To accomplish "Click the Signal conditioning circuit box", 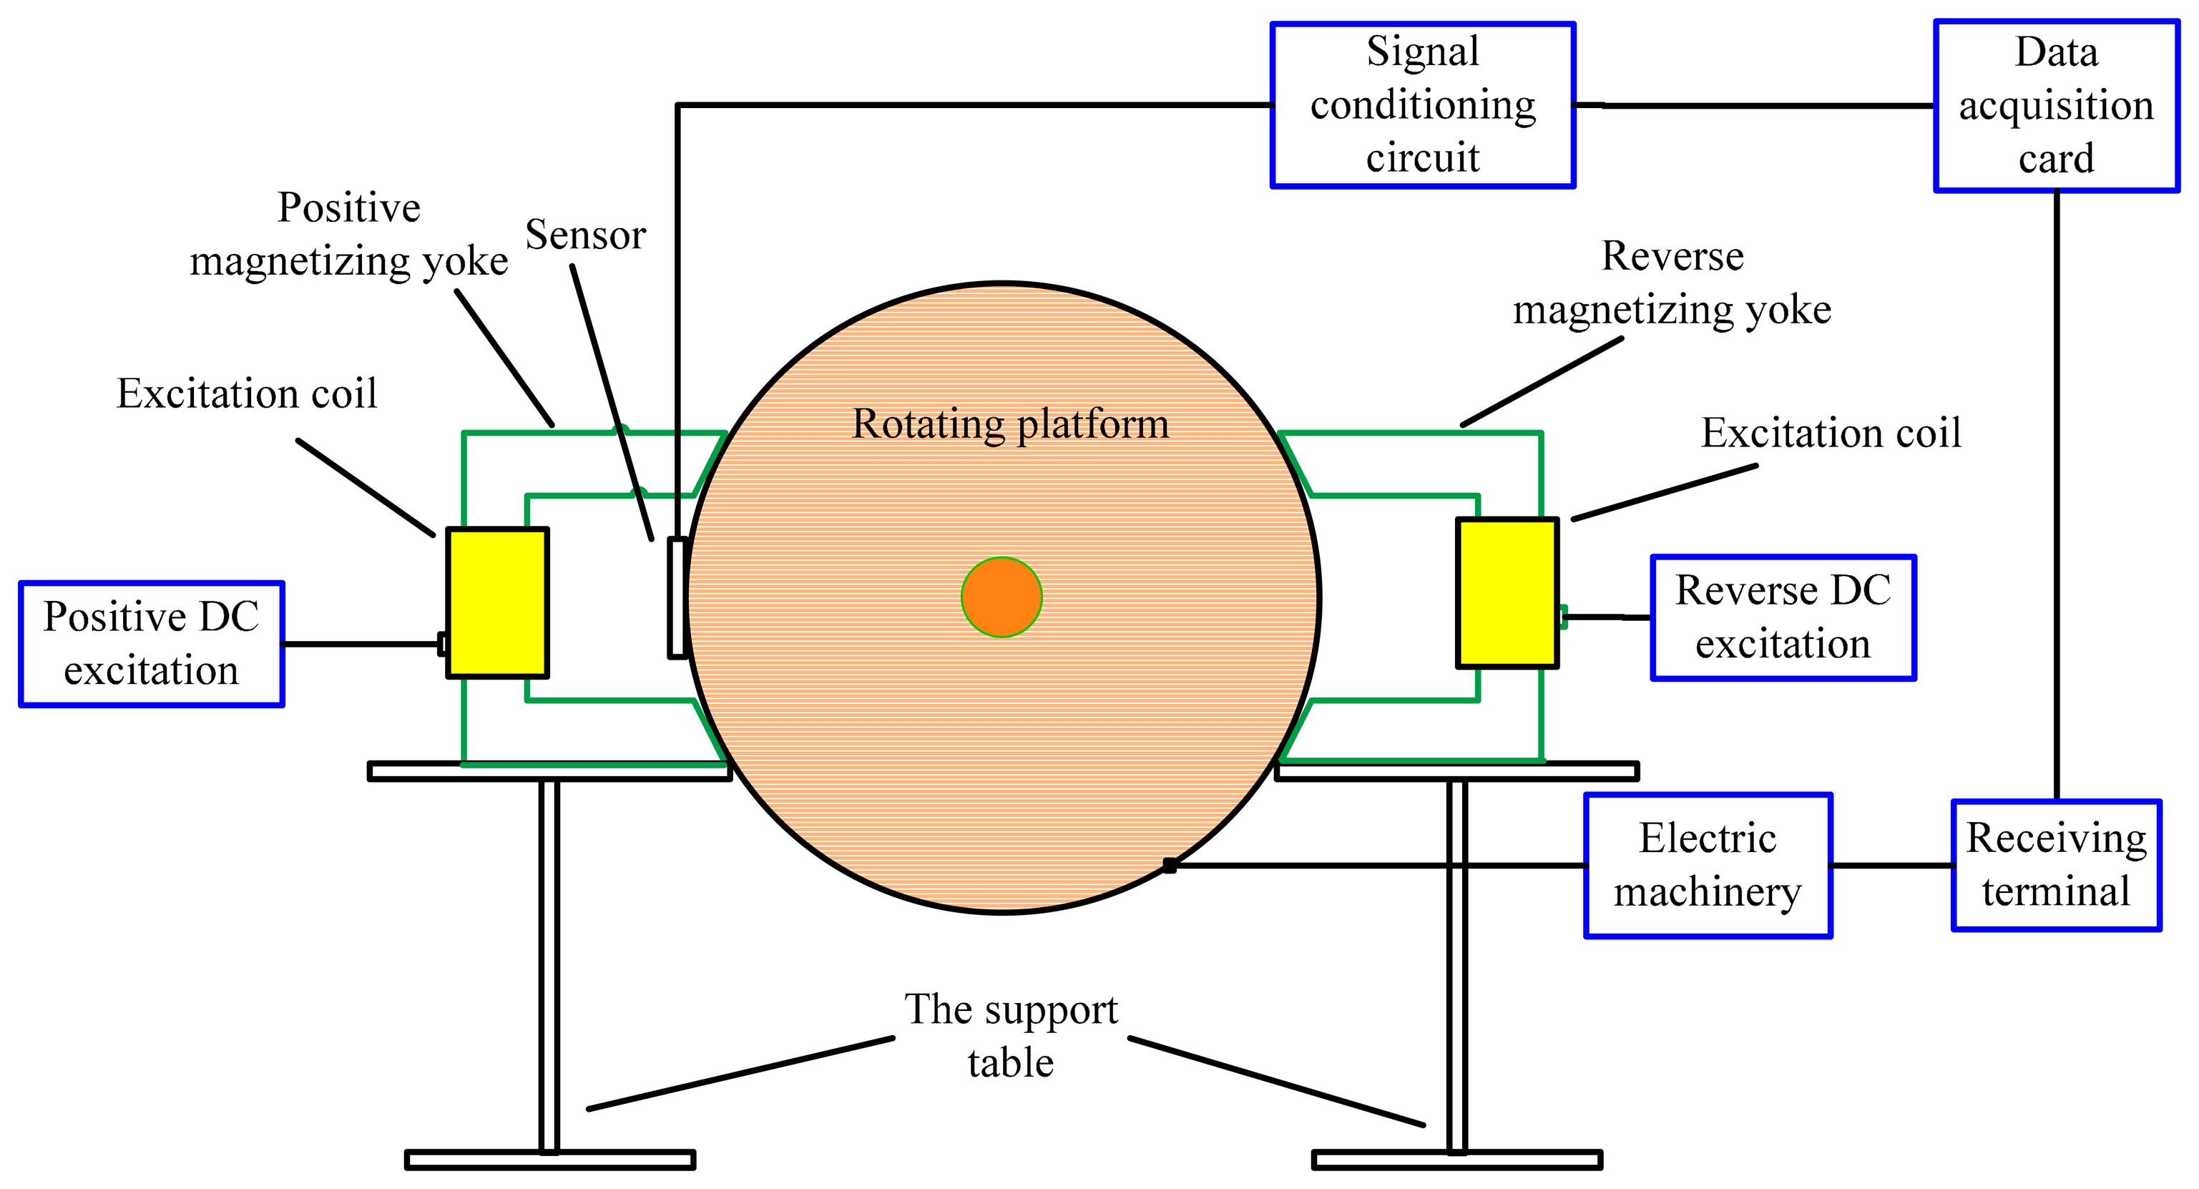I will (x=1422, y=104).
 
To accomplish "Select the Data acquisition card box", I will (x=2056, y=106).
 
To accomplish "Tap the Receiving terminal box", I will (x=2056, y=865).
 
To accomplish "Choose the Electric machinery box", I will (x=1708, y=865).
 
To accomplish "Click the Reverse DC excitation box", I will (x=1783, y=617).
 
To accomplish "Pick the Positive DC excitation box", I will (x=151, y=644).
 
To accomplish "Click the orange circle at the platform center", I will (x=1001, y=597).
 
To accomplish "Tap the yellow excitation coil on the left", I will (x=497, y=602).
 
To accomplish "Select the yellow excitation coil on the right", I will (x=1507, y=592).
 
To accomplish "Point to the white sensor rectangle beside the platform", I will (x=677, y=597).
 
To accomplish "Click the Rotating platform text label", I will (x=1010, y=424).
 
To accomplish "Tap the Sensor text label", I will (x=586, y=235).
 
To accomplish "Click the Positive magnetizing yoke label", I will (x=348, y=234).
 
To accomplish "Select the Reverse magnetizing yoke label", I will (x=1672, y=283).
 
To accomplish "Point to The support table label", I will (x=1011, y=1035).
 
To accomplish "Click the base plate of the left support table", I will (x=549, y=1160).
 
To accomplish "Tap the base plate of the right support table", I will (x=1456, y=1160).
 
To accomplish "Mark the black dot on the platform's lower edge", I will (x=1170, y=866).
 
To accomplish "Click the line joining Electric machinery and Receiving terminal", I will (x=1891, y=865).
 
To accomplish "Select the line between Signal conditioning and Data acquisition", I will (x=1754, y=106).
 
